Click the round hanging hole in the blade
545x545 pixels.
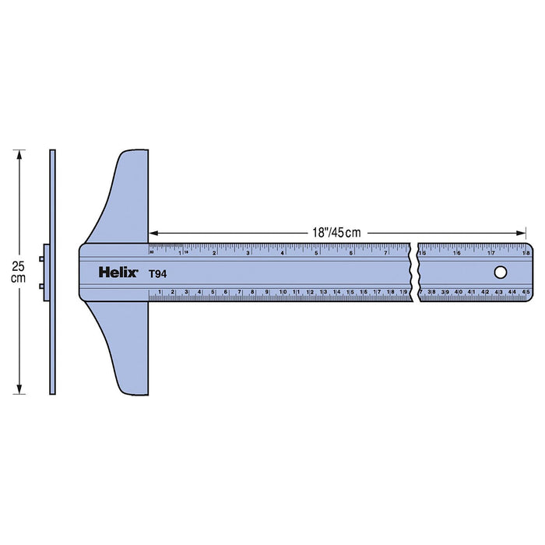click(x=500, y=272)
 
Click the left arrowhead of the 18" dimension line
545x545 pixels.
click(x=153, y=232)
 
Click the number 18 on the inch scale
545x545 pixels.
click(x=527, y=252)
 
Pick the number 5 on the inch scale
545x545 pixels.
click(x=316, y=252)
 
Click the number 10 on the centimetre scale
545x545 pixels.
click(x=283, y=292)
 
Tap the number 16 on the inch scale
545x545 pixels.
click(x=457, y=252)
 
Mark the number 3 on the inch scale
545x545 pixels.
click(x=248, y=252)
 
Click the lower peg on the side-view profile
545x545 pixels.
click(x=42, y=287)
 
